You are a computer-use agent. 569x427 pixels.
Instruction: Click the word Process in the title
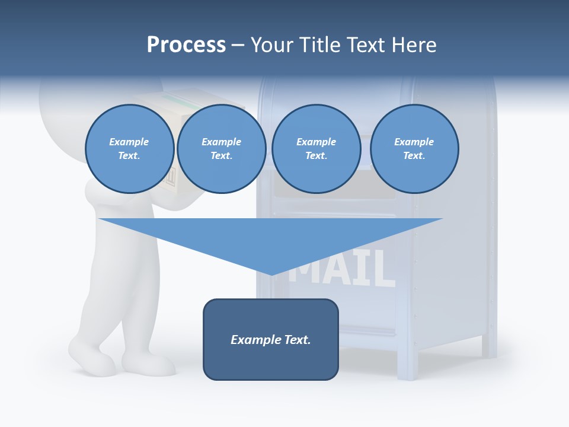point(186,45)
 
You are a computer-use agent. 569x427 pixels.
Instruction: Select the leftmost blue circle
point(129,149)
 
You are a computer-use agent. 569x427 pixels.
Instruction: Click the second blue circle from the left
point(222,149)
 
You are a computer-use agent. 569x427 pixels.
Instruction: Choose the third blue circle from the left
point(316,149)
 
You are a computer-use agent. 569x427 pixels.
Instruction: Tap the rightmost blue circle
point(414,149)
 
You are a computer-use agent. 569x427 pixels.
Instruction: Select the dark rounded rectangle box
point(270,339)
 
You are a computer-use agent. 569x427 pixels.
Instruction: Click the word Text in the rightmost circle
point(414,155)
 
